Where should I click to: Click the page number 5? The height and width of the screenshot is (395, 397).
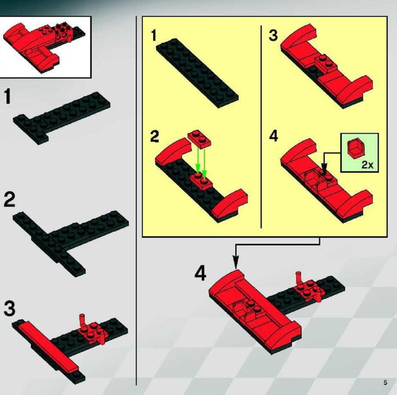(x=385, y=382)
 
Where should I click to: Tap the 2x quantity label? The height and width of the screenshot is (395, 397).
(x=367, y=165)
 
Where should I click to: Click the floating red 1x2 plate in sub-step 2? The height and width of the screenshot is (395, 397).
(x=199, y=139)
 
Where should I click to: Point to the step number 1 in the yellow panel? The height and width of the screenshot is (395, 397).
(x=154, y=35)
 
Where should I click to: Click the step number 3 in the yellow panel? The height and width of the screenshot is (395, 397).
(x=273, y=35)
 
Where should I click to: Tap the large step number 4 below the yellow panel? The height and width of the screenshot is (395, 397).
(x=200, y=273)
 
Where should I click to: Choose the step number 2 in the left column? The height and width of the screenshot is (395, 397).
(x=9, y=200)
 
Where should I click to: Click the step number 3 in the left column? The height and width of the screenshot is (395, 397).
(x=9, y=309)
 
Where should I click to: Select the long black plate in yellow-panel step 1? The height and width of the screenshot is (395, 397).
(x=198, y=73)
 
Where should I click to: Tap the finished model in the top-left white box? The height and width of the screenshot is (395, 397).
(x=44, y=46)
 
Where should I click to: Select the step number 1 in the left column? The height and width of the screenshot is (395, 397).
(x=7, y=96)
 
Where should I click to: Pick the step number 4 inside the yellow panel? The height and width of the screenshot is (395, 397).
(x=274, y=136)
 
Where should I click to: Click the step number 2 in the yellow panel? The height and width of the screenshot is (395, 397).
(x=154, y=136)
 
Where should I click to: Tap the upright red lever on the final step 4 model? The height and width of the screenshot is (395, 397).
(x=299, y=278)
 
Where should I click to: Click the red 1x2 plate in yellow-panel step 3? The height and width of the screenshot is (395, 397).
(x=326, y=63)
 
